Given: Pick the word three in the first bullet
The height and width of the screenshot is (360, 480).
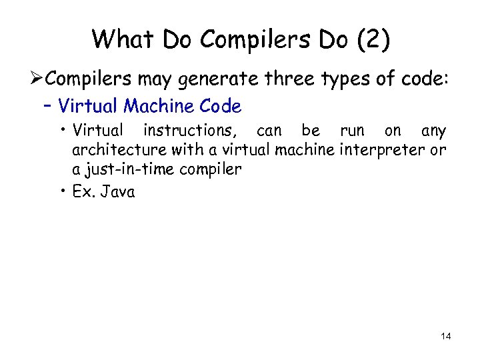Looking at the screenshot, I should (x=285, y=79).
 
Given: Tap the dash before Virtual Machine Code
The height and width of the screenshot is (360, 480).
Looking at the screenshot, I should (x=47, y=106).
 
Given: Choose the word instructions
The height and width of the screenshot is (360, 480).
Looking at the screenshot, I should (x=191, y=130).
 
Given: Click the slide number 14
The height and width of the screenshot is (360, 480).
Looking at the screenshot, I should (x=445, y=337).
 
